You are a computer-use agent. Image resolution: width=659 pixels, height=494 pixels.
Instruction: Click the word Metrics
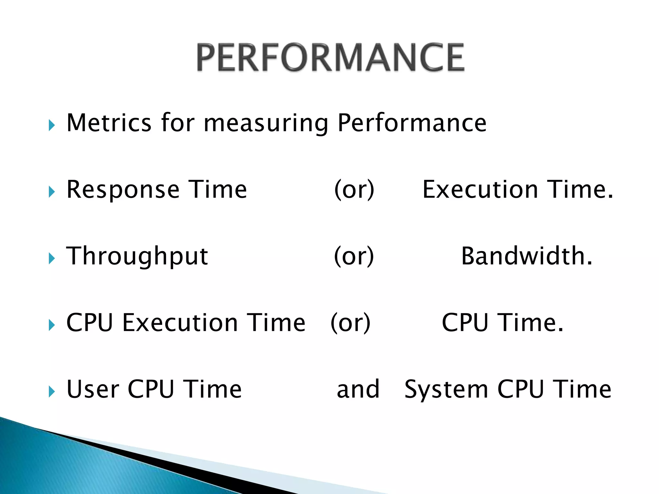(109, 123)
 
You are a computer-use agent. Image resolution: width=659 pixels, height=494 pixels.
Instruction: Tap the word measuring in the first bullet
(266, 123)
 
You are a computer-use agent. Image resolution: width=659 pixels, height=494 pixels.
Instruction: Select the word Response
(123, 190)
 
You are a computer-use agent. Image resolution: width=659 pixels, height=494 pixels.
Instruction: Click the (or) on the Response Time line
(354, 190)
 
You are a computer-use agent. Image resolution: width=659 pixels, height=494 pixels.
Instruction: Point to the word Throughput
(137, 257)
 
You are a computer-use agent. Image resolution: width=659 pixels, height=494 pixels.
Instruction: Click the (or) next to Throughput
(354, 256)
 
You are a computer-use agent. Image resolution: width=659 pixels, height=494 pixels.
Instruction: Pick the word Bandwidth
(526, 256)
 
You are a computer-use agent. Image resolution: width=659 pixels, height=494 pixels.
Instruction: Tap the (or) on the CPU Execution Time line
(351, 323)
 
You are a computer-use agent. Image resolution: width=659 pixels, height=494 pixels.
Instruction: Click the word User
(93, 389)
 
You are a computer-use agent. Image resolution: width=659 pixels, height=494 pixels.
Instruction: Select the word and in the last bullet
(358, 389)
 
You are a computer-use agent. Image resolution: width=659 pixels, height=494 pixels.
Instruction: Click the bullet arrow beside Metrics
(51, 125)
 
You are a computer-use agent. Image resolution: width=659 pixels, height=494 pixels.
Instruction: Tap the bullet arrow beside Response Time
(51, 192)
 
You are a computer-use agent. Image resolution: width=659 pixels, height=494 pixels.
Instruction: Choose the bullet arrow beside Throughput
(51, 259)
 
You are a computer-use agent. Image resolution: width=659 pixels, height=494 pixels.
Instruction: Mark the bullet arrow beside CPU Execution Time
(51, 325)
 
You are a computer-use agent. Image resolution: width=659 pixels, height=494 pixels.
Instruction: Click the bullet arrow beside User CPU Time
(51, 392)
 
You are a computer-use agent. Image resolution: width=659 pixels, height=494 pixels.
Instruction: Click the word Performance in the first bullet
(412, 123)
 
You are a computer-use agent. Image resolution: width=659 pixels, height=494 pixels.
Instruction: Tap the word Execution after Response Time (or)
(480, 190)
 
